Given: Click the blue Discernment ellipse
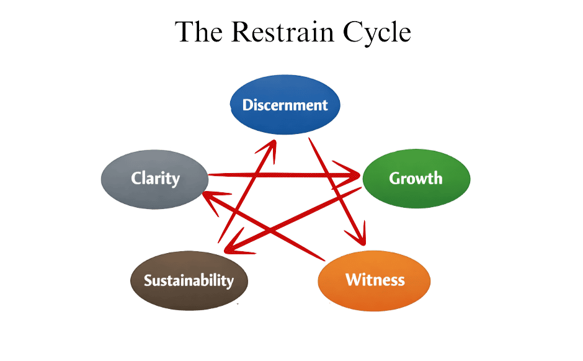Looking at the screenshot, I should click(285, 105).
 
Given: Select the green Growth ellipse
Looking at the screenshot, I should click(416, 179).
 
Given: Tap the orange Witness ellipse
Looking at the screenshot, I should click(374, 280).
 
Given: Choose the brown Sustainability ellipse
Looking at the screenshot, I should click(189, 280).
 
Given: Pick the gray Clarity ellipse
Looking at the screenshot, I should click(154, 179).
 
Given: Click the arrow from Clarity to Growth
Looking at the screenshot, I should click(279, 176).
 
